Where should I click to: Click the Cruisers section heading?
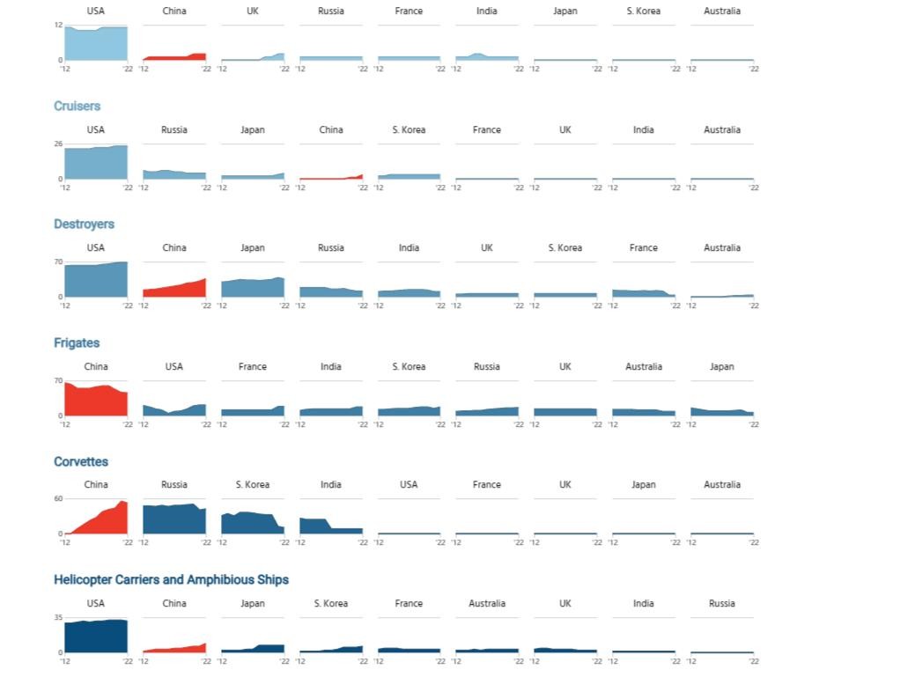[x=77, y=106]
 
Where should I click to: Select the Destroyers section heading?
[x=84, y=224]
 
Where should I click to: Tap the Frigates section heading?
[x=77, y=342]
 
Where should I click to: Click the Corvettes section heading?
[x=81, y=461]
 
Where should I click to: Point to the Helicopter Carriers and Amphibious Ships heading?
[x=171, y=579]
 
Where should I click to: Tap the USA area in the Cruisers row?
[x=95, y=163]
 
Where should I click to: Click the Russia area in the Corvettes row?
[x=173, y=519]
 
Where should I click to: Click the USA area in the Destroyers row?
[x=95, y=280]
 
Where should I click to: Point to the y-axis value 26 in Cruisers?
[x=58, y=143]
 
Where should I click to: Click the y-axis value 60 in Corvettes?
[x=58, y=498]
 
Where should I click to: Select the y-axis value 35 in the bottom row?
[x=58, y=617]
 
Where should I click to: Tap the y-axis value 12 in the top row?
[x=58, y=25]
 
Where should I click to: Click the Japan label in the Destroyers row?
[x=253, y=247]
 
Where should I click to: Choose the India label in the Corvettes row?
[x=331, y=484]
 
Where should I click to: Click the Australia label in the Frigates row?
[x=644, y=366]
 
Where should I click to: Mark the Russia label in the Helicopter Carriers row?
[x=722, y=603]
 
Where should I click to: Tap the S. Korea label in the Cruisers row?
[x=409, y=129]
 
